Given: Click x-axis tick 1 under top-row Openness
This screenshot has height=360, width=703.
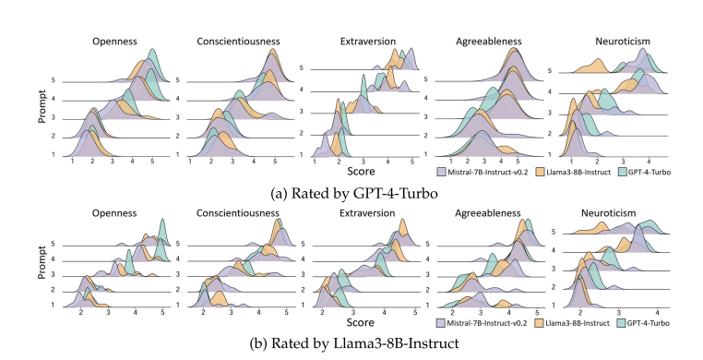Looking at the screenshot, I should click(72, 162).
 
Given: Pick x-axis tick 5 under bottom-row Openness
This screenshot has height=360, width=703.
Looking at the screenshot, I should click(162, 315).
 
